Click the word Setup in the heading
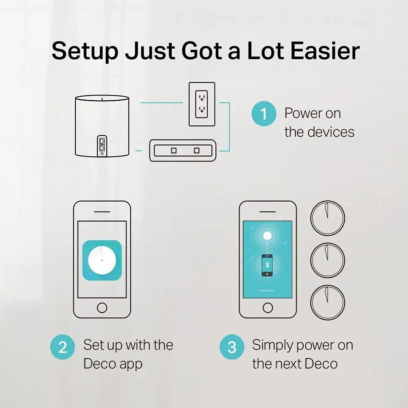[x=85, y=51]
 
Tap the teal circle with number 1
[x=264, y=113]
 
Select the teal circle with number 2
[x=62, y=347]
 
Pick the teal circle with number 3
[x=232, y=347]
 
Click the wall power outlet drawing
[x=201, y=104]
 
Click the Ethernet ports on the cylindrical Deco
[x=101, y=145]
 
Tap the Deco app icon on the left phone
[x=102, y=260]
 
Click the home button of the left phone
[x=102, y=307]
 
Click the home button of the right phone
[x=268, y=307]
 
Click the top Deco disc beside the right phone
[x=328, y=218]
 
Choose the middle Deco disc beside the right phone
[x=328, y=260]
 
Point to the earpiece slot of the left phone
[x=102, y=212]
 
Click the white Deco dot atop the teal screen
[x=267, y=235]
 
